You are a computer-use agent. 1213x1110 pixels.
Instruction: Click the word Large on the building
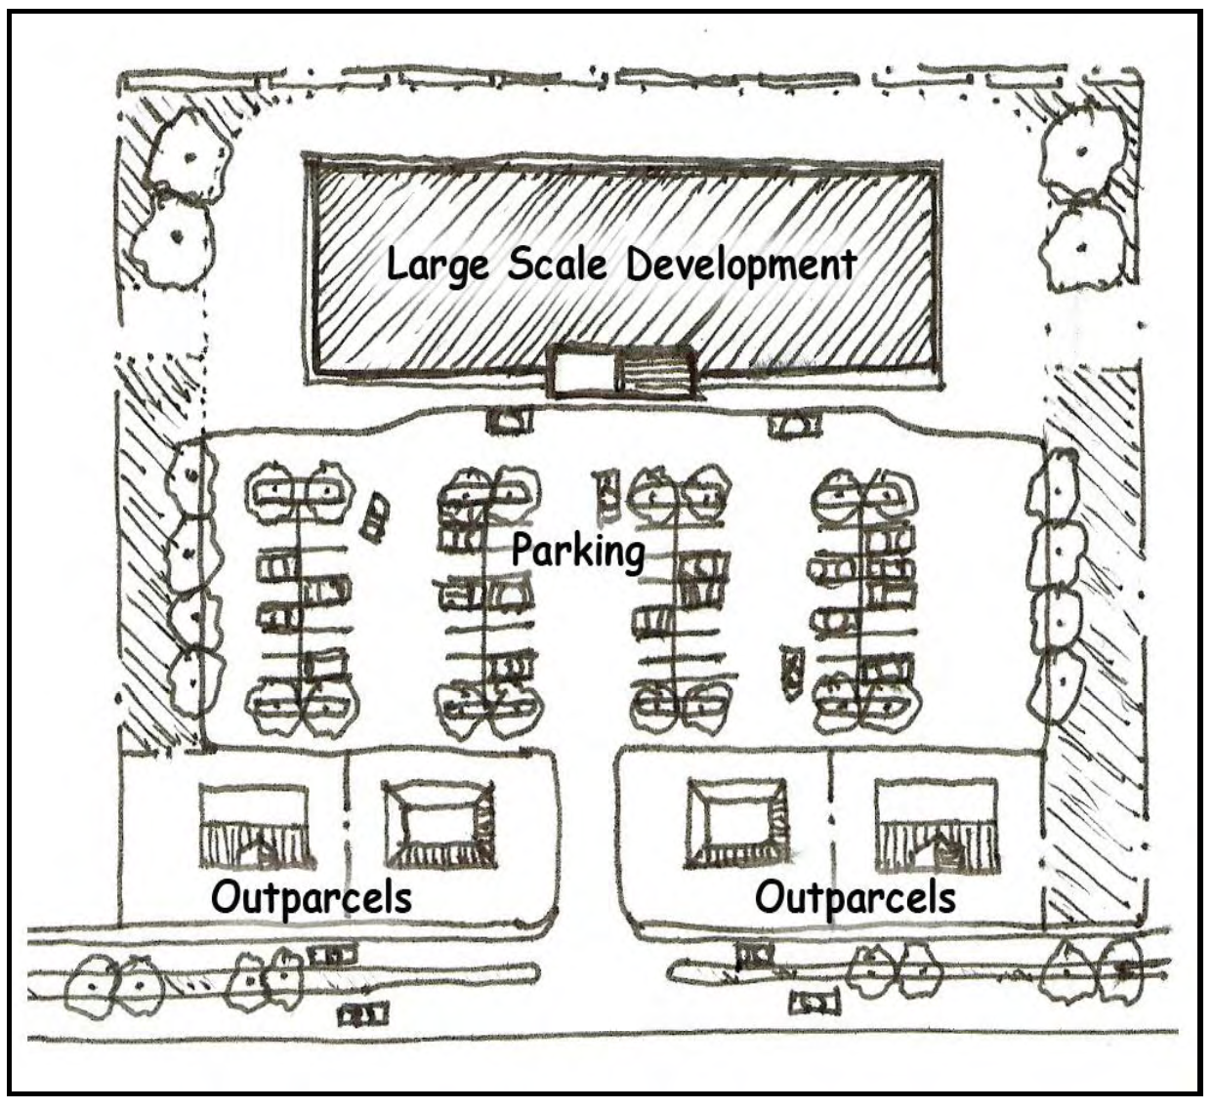437,265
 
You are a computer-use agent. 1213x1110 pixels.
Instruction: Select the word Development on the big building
741,264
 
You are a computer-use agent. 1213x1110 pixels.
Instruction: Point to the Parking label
578,551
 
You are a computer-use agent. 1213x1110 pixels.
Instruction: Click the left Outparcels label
312,897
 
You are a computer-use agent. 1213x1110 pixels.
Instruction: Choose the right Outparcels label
856,896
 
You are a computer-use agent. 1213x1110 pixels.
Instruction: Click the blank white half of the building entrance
583,372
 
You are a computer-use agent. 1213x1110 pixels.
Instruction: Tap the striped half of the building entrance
653,372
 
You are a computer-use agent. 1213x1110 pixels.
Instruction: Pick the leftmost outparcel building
257,824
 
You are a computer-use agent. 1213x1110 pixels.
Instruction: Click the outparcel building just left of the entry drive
439,824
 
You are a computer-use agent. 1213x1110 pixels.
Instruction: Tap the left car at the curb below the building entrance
510,421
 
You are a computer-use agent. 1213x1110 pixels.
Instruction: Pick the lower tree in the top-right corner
1081,242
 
